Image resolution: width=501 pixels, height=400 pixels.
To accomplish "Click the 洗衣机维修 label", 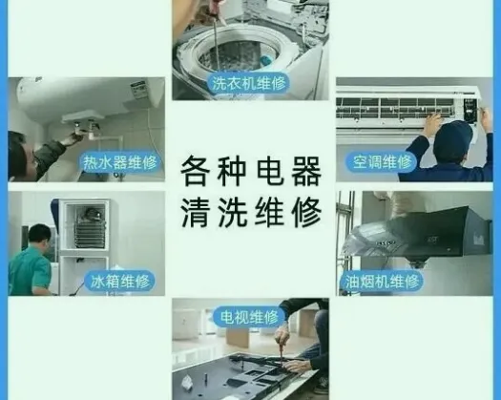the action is [x=248, y=84].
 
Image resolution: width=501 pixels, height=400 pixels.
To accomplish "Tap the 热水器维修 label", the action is [x=120, y=162].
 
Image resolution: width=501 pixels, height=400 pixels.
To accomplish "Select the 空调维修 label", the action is [x=382, y=161].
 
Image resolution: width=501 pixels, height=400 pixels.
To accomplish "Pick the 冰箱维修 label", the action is [x=120, y=282].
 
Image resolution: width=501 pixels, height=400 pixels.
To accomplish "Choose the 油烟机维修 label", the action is [x=382, y=282].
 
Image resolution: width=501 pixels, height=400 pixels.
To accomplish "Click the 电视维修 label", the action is [x=249, y=317].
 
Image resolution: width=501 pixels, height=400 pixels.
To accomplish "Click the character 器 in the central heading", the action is [x=305, y=171].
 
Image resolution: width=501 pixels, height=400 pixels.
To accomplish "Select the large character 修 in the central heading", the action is [x=305, y=212].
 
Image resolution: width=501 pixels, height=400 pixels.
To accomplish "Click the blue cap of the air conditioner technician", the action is [x=453, y=138].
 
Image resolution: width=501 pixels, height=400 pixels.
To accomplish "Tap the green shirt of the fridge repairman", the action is [x=30, y=269].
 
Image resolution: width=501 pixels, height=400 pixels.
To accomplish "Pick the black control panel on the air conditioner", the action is [x=470, y=108].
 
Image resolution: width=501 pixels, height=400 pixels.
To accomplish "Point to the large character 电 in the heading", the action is [x=270, y=171].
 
